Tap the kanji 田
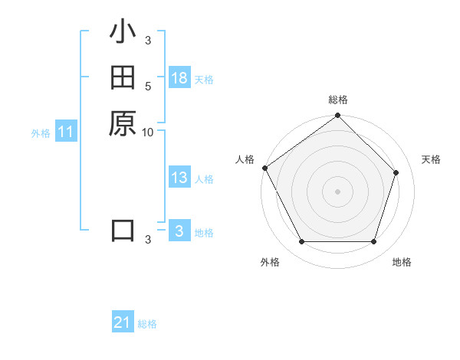(123, 77)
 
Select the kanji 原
(123, 123)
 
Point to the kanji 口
(123, 230)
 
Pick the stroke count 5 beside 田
(148, 87)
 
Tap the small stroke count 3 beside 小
(148, 41)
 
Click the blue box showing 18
(179, 78)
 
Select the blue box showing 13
(179, 178)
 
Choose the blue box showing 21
(123, 323)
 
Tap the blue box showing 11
(66, 133)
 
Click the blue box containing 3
(179, 231)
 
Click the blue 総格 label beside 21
(147, 324)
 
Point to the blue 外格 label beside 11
(41, 133)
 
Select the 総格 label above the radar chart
(338, 100)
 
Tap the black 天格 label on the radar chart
(431, 159)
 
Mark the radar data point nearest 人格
(265, 168)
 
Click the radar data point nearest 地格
(373, 242)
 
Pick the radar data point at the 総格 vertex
(338, 116)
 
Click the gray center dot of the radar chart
(338, 191)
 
